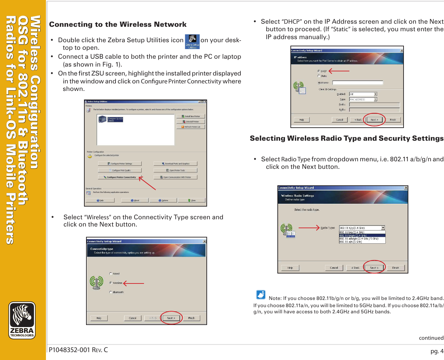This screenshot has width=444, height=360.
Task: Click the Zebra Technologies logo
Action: pos(22,320)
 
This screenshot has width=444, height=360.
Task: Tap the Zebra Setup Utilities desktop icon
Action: pos(192,42)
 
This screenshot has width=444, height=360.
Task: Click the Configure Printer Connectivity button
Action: pos(120,177)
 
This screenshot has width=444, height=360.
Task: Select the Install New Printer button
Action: pos(191,116)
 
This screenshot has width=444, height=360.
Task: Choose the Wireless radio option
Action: pos(111,283)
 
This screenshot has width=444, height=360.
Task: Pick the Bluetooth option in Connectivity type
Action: pos(111,292)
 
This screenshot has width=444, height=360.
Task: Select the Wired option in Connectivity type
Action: pos(111,274)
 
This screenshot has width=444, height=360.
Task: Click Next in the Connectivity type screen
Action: pos(171,318)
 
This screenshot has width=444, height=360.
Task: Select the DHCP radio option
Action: pos(319,71)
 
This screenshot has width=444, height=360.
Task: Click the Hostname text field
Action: pos(357,83)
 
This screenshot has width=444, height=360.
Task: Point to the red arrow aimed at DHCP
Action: pos(339,71)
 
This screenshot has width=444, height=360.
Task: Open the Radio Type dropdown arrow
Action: pos(383,228)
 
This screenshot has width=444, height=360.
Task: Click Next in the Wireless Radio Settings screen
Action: pos(374,268)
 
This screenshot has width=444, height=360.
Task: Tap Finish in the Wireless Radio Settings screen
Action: pos(395,268)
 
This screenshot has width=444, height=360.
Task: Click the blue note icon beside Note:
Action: pos(261,295)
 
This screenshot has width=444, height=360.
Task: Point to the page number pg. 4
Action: pos(437,351)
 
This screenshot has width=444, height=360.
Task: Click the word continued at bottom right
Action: pos(431,338)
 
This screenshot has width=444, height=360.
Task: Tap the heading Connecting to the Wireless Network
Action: pos(118,24)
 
